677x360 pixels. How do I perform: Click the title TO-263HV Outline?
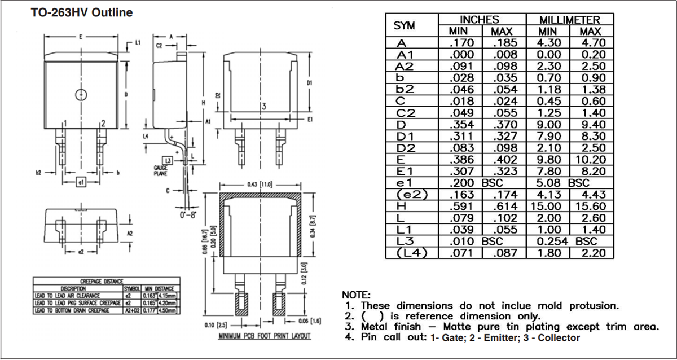(82, 12)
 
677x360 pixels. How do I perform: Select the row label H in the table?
(401, 207)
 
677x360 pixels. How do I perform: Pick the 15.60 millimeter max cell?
(590, 207)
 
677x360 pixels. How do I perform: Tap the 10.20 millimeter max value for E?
(590, 160)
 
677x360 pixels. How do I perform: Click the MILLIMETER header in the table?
(569, 20)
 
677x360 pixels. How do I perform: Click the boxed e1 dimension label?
(81, 182)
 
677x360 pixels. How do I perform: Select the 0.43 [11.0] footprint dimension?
(260, 185)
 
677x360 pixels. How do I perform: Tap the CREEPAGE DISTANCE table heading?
(106, 280)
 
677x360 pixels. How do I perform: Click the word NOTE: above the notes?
(357, 295)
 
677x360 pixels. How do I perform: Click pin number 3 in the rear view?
(263, 107)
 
